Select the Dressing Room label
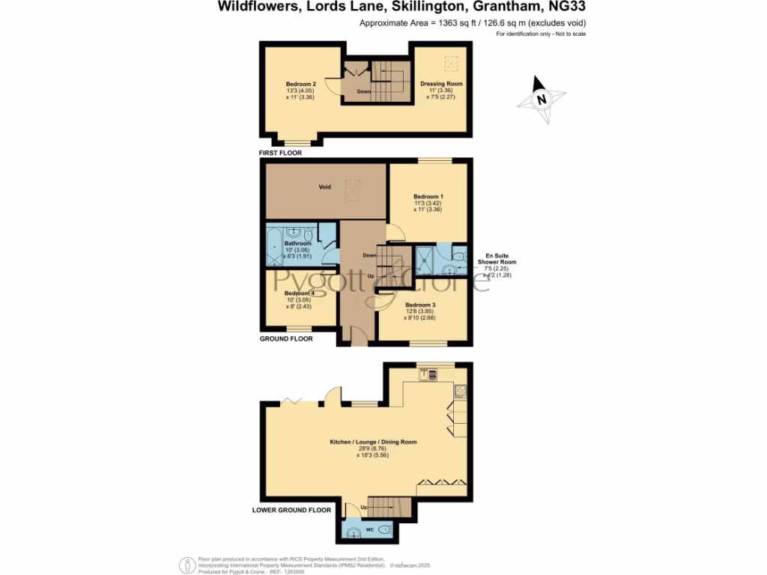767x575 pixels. pos(441,84)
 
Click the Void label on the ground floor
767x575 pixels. pos(325,186)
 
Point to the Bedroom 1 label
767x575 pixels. pos(428,197)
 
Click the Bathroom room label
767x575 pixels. pos(297,243)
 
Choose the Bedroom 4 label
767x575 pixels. pos(299,293)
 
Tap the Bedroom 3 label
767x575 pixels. pos(420,305)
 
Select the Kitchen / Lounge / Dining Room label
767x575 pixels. pos(373,442)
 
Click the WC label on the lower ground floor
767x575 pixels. pos(369,529)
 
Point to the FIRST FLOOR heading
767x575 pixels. pos(280,153)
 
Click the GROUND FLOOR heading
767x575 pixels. pos(285,338)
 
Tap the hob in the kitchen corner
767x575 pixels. pos(459,388)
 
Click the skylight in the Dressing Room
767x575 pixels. pos(452,63)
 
